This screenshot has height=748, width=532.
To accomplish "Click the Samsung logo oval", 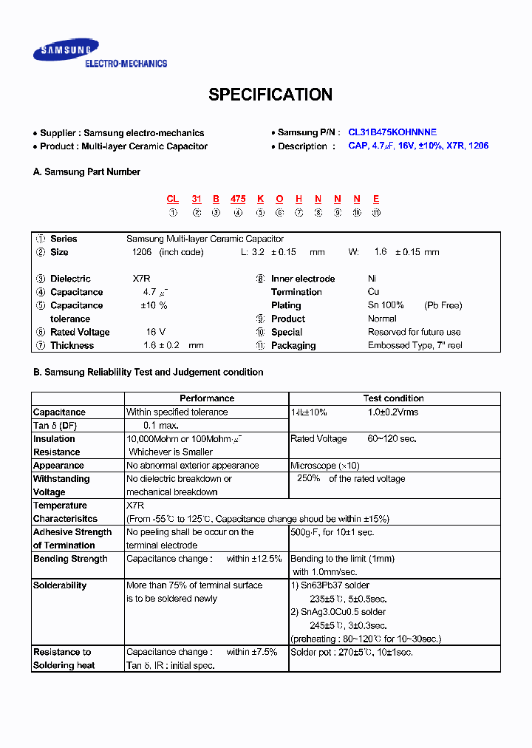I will coord(66,51).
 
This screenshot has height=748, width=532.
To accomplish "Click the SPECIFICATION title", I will coord(270,95).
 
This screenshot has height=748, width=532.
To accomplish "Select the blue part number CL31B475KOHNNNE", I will coord(392,132).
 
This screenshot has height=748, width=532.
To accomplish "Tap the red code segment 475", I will coord(238,199).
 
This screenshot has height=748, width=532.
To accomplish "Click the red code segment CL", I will coord(173,199).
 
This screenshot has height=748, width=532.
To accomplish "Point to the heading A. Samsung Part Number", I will coord(87,171).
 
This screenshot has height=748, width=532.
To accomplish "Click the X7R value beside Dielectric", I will coord(143,279).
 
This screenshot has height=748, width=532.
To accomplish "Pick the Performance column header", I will coord(207,398).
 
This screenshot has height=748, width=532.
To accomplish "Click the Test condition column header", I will coord(394,398).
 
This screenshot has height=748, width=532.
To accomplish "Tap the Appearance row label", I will coord(58,466).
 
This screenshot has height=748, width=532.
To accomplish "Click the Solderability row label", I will coord(60,585).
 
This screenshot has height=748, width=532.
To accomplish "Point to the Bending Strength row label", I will coord(70,559).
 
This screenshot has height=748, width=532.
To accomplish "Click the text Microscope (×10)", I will coord(325,466).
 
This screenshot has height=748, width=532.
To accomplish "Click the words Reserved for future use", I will coord(415,332).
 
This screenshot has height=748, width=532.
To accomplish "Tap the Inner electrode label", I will coord(303,279).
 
